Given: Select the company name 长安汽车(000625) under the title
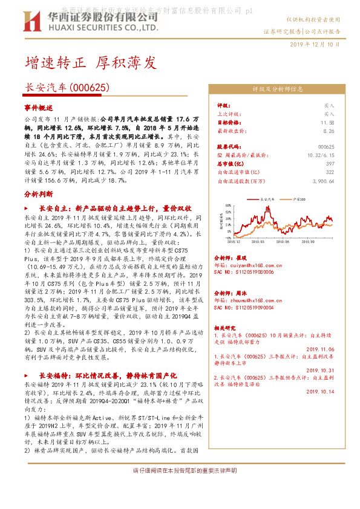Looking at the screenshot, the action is (x=67, y=88).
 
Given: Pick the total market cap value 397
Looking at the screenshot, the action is (x=330, y=163).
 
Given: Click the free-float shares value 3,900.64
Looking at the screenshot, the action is (x=323, y=180).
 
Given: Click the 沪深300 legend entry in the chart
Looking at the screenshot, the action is (x=296, y=198).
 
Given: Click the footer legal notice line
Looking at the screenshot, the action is (x=180, y=470).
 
